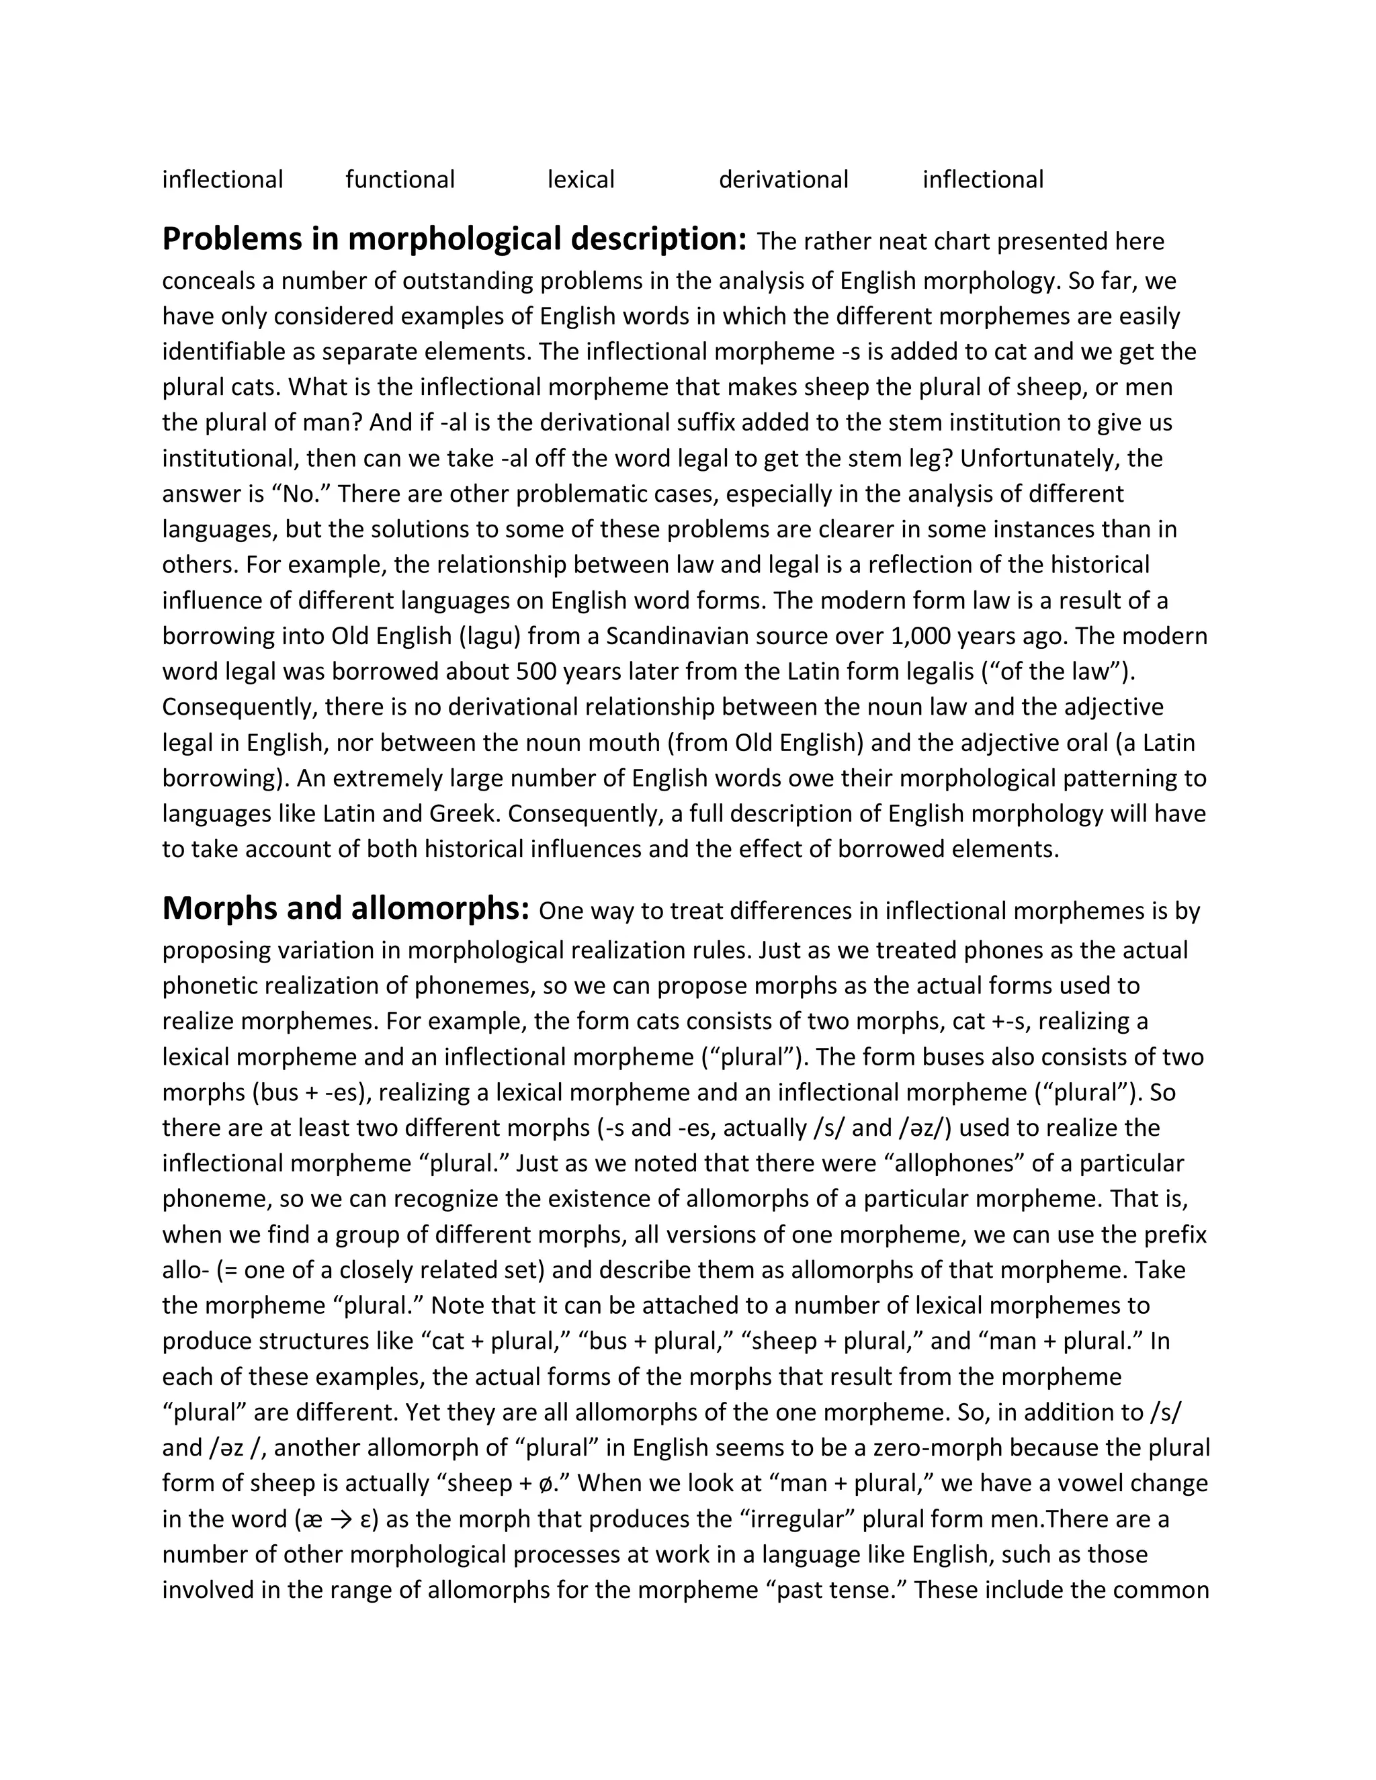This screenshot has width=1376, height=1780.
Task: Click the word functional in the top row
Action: (400, 179)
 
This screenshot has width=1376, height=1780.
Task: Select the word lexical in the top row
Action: (580, 179)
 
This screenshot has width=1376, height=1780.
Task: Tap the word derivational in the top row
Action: (783, 179)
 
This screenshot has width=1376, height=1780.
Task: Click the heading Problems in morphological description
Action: (454, 239)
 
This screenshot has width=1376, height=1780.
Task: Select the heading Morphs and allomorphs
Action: (345, 908)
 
